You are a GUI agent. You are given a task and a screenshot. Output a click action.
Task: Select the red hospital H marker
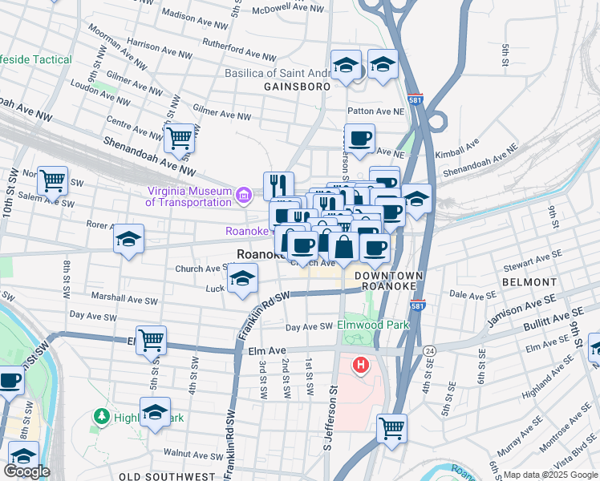361,366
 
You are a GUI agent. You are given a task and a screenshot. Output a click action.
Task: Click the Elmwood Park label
373,325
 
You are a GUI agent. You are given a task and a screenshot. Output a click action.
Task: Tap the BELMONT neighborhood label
529,282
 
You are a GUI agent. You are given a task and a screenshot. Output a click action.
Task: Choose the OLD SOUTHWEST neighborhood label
167,476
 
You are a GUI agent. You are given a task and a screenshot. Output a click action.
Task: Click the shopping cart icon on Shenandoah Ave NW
180,138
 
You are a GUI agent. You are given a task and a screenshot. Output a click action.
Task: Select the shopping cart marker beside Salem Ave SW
53,181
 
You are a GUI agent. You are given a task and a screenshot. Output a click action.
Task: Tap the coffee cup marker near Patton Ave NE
359,138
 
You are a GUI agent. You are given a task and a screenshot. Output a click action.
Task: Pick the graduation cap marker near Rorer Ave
128,240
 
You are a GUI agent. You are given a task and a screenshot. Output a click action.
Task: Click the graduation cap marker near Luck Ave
241,279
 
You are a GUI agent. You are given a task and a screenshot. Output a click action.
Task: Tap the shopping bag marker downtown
343,247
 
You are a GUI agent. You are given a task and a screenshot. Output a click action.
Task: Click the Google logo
26,471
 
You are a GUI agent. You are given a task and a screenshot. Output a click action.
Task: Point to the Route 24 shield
430,351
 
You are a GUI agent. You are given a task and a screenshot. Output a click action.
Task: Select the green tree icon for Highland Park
102,416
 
